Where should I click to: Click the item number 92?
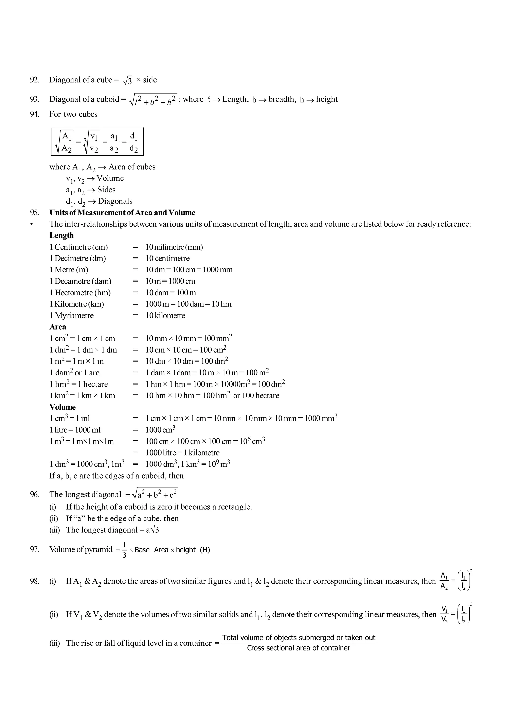[35, 80]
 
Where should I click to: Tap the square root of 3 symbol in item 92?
[128, 81]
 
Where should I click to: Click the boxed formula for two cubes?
[97, 142]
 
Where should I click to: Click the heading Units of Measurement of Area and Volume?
[122, 213]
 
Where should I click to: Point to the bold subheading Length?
[62, 235]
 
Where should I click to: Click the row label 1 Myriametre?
[72, 315]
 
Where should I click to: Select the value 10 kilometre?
[165, 315]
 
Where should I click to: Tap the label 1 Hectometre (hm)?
[80, 293]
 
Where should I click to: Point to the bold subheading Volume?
[62, 407]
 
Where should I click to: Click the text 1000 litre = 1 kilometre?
[182, 453]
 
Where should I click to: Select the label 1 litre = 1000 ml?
[75, 430]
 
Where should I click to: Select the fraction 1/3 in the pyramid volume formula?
[124, 550]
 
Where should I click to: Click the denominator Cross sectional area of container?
[299, 648]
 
